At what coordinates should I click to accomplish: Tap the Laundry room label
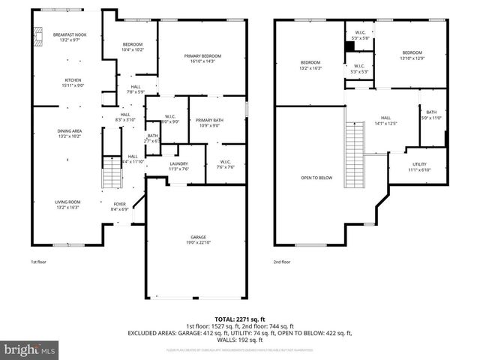tap(178, 166)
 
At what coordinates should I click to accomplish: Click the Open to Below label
tap(312, 178)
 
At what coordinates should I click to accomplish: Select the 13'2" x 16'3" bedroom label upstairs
tap(310, 64)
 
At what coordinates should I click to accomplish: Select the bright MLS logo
tap(30, 349)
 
